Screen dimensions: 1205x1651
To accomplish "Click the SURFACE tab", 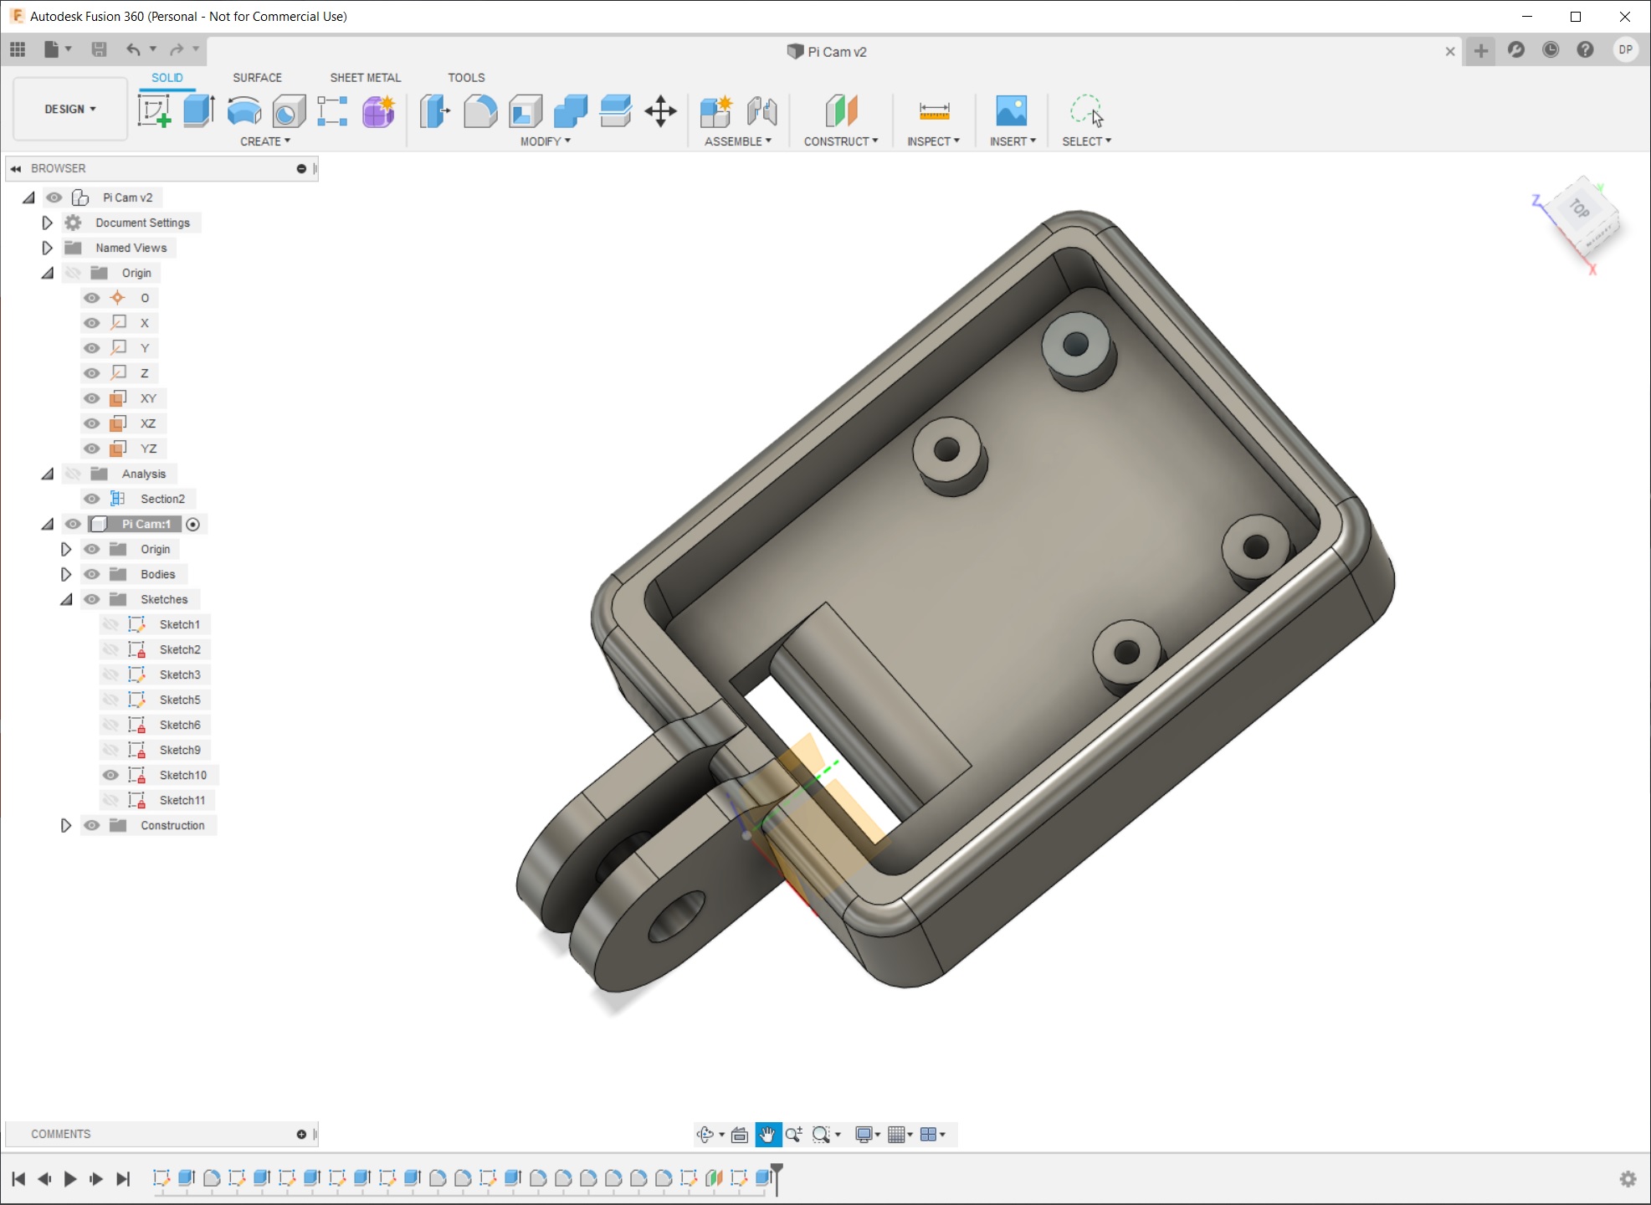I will coord(257,77).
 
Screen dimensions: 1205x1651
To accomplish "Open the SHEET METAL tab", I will coord(365,77).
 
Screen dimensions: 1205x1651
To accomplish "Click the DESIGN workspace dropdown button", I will coord(70,109).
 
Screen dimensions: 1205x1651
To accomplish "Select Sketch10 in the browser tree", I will coord(182,775).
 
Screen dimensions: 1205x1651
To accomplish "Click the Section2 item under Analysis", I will coord(162,499).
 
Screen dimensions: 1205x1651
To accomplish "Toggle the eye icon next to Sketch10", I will coord(110,775).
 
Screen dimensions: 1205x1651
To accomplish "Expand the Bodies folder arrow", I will coord(66,574).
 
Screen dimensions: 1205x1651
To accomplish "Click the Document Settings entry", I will coord(142,223).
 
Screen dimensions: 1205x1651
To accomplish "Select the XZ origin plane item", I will coord(148,423).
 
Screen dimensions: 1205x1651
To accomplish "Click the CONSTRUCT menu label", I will coord(840,141).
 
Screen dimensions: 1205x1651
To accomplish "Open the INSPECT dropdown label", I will coord(932,141).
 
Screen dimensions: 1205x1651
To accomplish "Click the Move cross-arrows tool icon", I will coord(660,110).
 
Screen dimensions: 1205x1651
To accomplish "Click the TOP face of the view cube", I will coord(1579,208).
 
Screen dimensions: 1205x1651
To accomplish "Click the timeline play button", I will coord(70,1178).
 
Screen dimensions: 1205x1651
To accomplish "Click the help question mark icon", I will coord(1585,50).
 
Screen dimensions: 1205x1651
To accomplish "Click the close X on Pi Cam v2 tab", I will coord(1449,51).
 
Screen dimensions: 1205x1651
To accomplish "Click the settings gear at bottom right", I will coord(1628,1178).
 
